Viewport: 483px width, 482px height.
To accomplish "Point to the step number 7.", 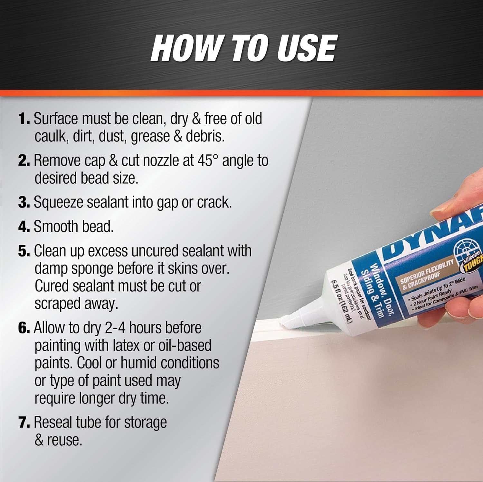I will [x=24, y=423].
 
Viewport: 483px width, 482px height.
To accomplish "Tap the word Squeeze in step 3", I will [x=58, y=203].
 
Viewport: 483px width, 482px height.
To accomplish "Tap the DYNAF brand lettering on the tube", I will [x=431, y=235].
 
